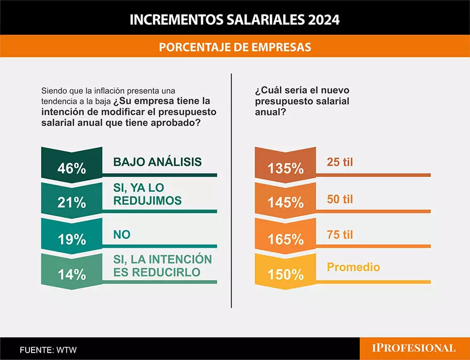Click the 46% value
[72, 168]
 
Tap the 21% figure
[72, 204]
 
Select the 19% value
[72, 239]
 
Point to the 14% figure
[72, 275]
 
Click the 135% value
[285, 168]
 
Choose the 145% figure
[285, 204]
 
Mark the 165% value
[285, 239]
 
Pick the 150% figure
[285, 275]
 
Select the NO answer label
[122, 234]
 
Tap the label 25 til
[340, 162]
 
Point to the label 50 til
[340, 200]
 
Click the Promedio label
[353, 267]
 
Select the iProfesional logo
[414, 348]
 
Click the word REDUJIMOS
[147, 200]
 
